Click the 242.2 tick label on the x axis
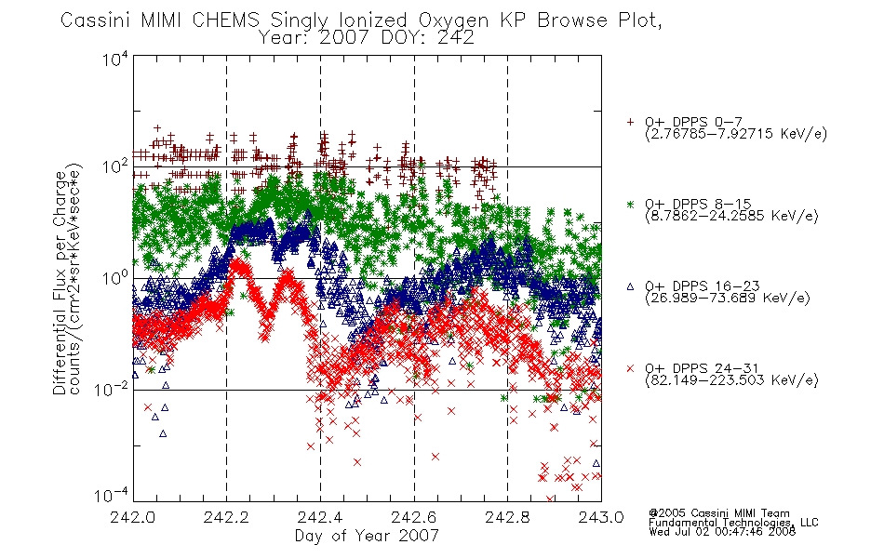coord(225,517)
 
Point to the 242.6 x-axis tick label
coord(414,517)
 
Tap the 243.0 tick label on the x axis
coord(601,517)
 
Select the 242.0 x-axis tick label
coord(132,517)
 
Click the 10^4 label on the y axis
coord(115,59)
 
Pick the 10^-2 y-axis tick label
coord(112,388)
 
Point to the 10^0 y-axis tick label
coord(115,277)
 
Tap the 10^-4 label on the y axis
coord(112,495)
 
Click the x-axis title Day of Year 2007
coord(367,536)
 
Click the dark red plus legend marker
coord(630,122)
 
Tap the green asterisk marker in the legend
coord(630,204)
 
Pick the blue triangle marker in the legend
coord(630,286)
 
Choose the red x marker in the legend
coord(630,368)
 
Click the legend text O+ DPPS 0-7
coord(694,123)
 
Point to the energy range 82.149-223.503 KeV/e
coord(731,380)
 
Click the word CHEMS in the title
coord(225,20)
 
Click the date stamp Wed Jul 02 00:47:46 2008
coord(722,531)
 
